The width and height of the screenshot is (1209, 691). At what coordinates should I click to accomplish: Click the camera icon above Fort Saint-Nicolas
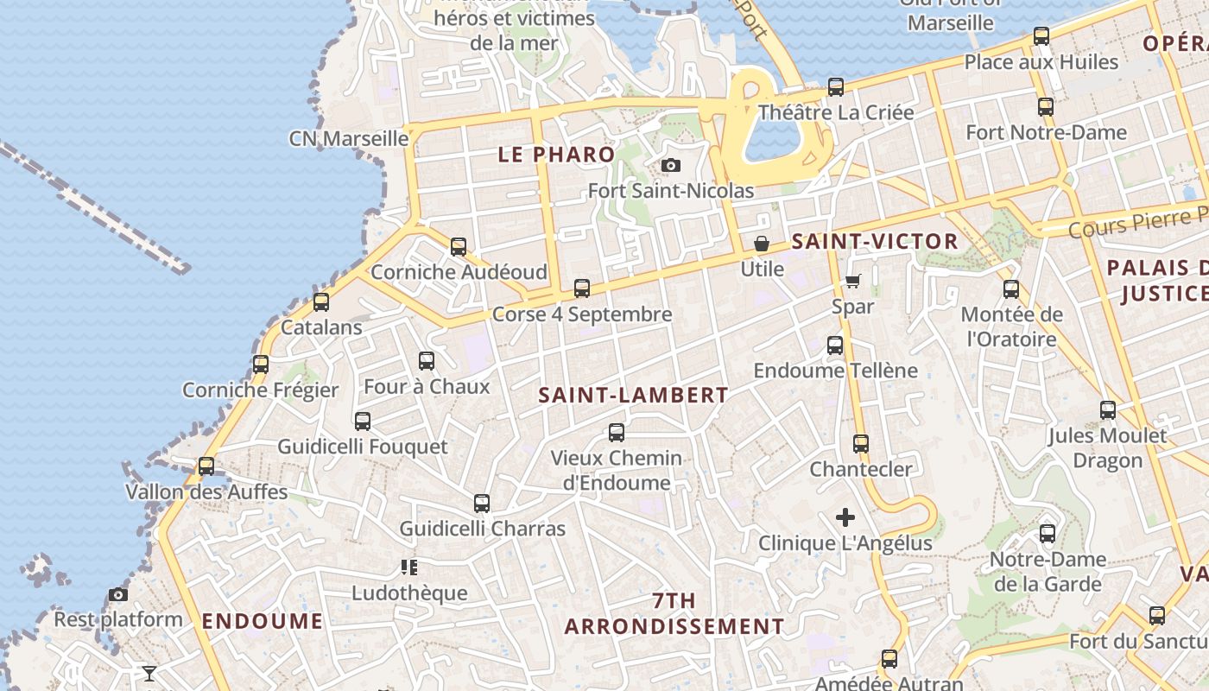(670, 165)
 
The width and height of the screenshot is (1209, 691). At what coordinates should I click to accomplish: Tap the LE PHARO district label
(557, 155)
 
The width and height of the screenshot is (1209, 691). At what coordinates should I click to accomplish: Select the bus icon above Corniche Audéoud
(459, 247)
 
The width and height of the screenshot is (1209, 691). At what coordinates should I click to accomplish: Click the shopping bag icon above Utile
(762, 244)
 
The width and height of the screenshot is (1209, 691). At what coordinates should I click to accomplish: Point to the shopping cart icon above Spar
(853, 281)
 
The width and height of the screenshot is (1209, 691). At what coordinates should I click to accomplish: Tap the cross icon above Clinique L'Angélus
(845, 517)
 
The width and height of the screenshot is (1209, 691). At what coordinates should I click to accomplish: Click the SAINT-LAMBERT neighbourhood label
(634, 396)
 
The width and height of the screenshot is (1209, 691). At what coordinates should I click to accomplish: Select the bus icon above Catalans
(321, 302)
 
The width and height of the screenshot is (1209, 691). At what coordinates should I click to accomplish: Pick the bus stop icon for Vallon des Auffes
(206, 466)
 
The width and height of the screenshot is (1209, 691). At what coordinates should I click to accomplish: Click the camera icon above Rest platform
(118, 594)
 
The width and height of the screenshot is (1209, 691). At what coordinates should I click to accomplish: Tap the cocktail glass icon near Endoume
(149, 672)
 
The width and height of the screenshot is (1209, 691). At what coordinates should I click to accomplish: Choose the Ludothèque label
(409, 593)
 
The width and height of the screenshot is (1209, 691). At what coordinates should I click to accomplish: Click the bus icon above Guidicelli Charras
(482, 504)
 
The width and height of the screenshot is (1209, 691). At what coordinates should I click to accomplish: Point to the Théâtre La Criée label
(835, 112)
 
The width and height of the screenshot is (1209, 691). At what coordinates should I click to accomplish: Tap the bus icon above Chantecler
(861, 444)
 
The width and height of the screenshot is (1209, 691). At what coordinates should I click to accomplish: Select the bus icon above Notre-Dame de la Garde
(1048, 534)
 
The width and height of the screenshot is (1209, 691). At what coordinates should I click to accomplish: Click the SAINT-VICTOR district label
(875, 242)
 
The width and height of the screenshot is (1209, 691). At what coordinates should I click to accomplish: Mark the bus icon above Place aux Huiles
(1041, 36)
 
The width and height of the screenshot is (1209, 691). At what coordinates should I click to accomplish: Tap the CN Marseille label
(349, 138)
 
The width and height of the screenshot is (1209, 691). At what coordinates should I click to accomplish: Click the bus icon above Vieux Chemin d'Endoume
(617, 433)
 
